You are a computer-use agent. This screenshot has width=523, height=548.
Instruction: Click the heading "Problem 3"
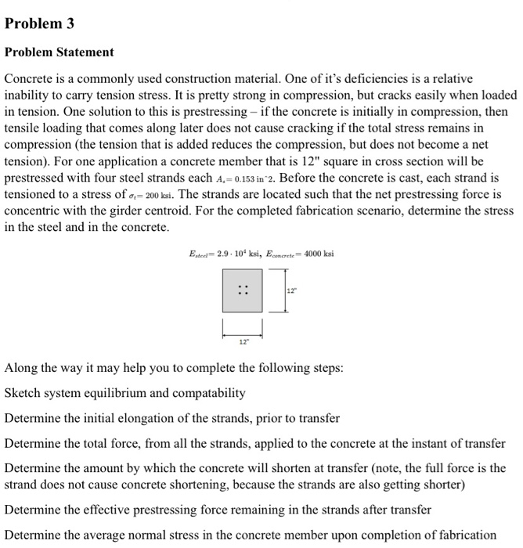[x=40, y=23]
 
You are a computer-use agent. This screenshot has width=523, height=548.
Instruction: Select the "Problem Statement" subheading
[x=60, y=52]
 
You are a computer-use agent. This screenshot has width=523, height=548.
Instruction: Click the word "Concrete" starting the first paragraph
[x=29, y=81]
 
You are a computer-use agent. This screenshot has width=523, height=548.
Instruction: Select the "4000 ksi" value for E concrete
[x=317, y=254]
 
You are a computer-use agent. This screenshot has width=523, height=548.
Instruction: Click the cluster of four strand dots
[x=242, y=290]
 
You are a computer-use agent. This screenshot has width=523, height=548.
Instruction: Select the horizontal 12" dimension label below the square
[x=242, y=341]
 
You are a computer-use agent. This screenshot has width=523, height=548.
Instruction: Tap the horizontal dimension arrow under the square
[x=242, y=330]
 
